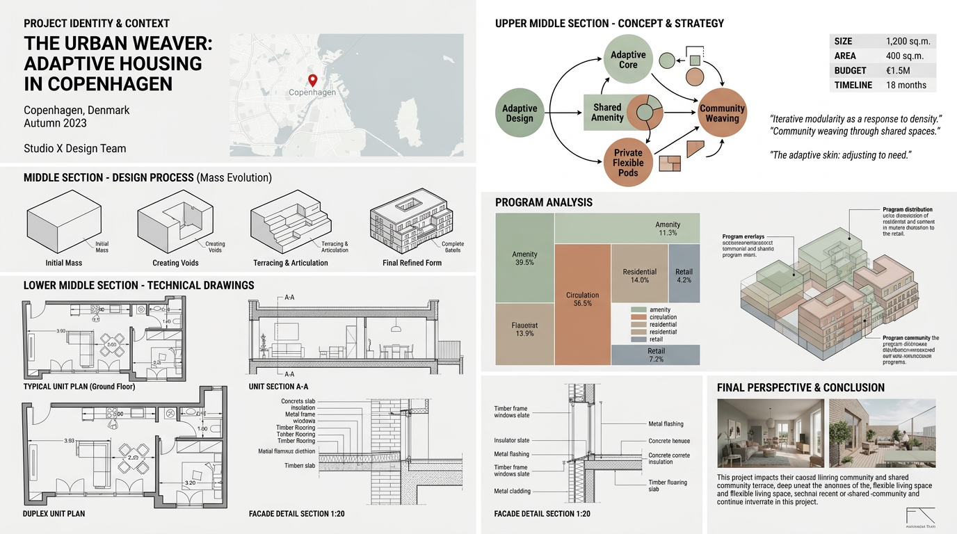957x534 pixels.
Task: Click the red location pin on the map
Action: [312, 80]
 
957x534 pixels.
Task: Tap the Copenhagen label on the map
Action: [312, 92]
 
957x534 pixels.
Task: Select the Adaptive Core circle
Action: [628, 59]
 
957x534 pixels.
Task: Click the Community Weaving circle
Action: [722, 113]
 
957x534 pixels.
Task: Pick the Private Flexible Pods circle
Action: [628, 163]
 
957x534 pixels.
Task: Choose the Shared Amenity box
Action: [607, 113]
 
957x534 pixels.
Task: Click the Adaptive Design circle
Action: [520, 113]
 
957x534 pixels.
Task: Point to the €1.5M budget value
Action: [899, 70]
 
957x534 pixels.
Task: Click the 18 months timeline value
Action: [906, 85]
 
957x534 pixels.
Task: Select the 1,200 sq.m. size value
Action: [908, 41]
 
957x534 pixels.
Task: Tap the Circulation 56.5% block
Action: [583, 299]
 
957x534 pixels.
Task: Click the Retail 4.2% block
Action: [684, 275]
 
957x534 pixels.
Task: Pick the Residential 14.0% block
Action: [639, 275]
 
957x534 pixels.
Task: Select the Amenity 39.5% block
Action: [524, 258]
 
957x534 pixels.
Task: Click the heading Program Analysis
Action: [544, 202]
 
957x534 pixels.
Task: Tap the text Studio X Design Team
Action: [75, 148]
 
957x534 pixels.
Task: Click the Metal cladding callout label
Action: [512, 491]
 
